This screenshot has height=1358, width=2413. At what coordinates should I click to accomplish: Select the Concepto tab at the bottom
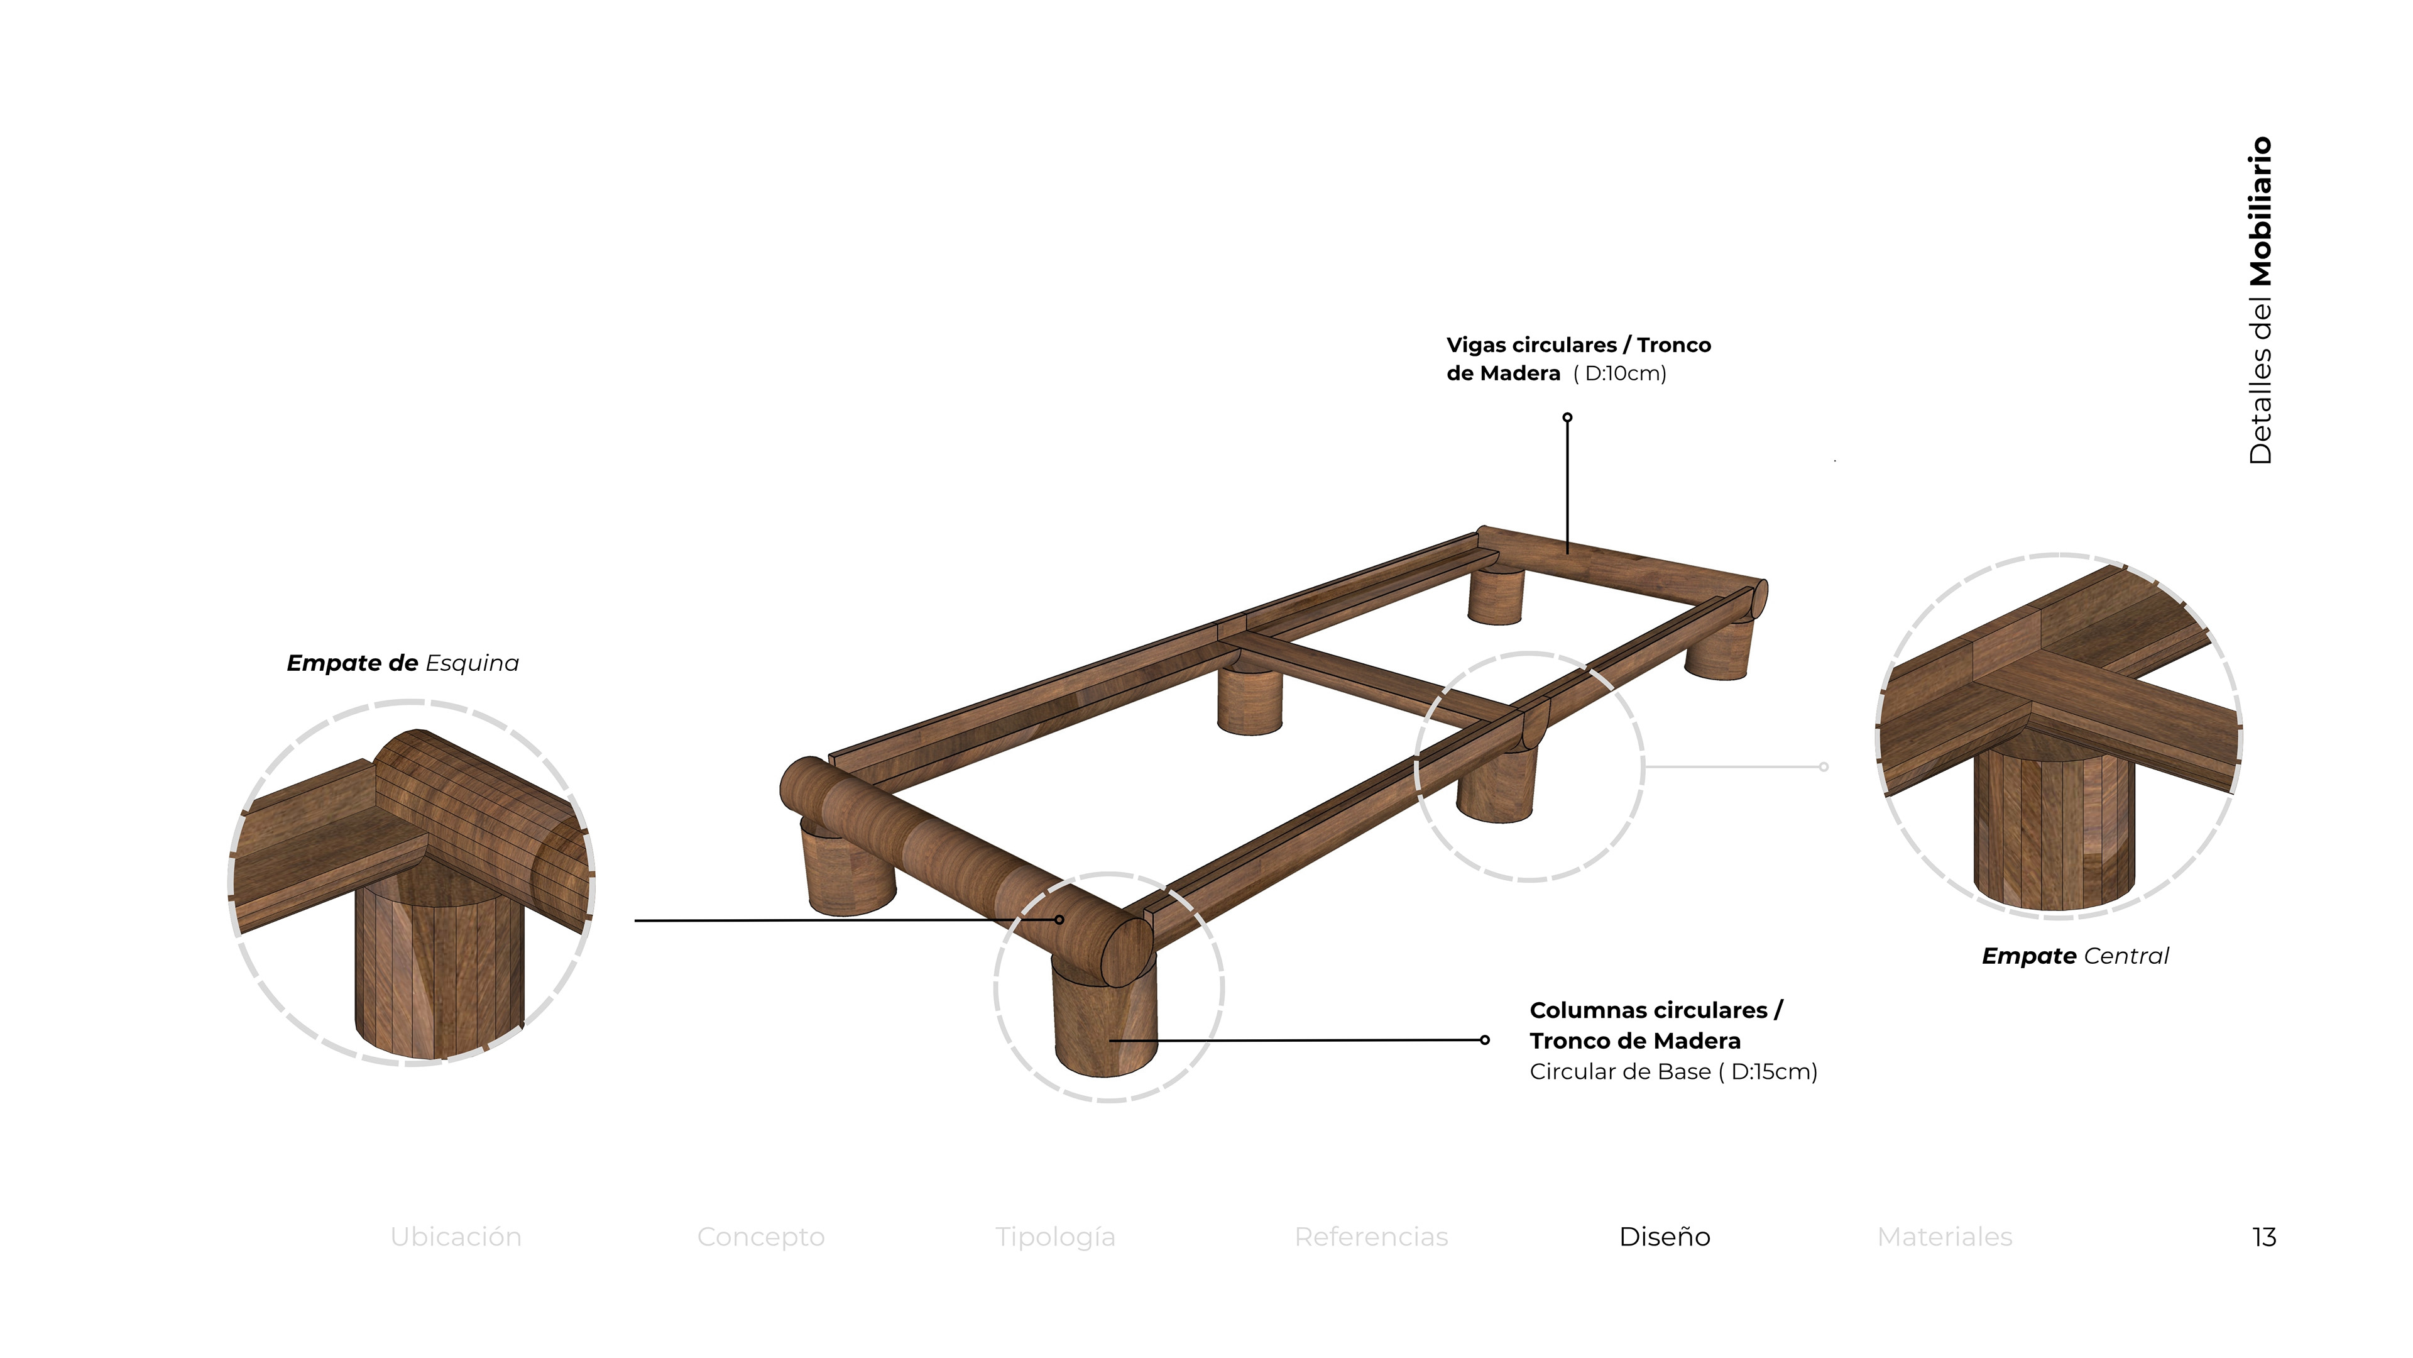(760, 1237)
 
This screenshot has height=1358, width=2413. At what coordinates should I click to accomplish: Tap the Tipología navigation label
(1055, 1237)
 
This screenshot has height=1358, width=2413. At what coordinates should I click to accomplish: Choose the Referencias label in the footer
(1371, 1237)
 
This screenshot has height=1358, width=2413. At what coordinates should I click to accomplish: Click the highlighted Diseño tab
(1665, 1237)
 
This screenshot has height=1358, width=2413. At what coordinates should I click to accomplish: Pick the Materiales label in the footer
(1945, 1237)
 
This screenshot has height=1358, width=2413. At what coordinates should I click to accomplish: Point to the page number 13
(2264, 1237)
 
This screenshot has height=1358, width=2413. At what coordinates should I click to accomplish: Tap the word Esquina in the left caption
(472, 663)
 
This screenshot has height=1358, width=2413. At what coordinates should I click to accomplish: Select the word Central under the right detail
(2126, 956)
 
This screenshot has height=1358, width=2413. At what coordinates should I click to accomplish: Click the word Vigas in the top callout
(1476, 345)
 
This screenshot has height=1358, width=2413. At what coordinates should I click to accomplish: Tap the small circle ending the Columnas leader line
(1485, 1039)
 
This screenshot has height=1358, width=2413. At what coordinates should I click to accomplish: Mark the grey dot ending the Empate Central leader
(1824, 766)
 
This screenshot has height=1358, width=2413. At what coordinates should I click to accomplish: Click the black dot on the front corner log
(1059, 919)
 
